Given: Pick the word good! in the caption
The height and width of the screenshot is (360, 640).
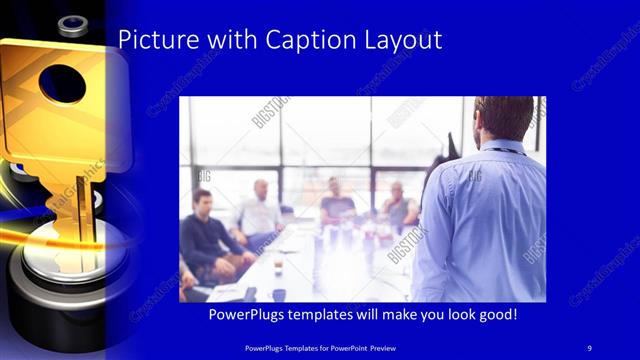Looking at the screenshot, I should [x=496, y=315].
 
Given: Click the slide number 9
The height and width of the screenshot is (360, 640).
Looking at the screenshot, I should [x=589, y=347].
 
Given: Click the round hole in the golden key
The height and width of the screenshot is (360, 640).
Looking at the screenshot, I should [x=63, y=82].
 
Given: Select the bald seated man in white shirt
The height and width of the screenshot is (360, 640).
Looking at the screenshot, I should [x=259, y=210].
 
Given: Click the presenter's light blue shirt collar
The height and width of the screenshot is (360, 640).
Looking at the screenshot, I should [x=500, y=147].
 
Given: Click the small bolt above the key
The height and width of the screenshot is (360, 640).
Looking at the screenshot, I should [x=73, y=23].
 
